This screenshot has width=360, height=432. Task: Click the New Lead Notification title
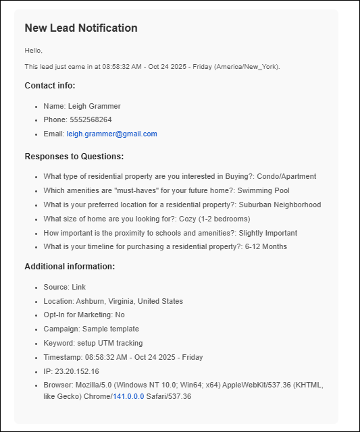click(81, 28)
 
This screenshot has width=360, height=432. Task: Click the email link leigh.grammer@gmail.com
click(111, 134)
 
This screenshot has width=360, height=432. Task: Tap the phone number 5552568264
click(90, 120)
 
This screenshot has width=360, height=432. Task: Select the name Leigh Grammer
click(95, 106)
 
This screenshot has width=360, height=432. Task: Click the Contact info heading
click(50, 86)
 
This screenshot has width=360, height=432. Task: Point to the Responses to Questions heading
click(74, 157)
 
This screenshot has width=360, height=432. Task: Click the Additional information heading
click(70, 267)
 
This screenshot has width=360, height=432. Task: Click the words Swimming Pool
click(263, 191)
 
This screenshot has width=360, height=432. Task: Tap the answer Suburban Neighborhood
click(280, 205)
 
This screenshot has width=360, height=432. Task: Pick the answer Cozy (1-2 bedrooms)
click(214, 219)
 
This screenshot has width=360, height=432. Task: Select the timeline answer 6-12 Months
click(265, 247)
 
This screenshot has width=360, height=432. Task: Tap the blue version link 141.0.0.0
click(128, 396)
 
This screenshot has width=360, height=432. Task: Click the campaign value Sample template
click(110, 329)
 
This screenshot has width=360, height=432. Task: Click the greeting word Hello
click(33, 51)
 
